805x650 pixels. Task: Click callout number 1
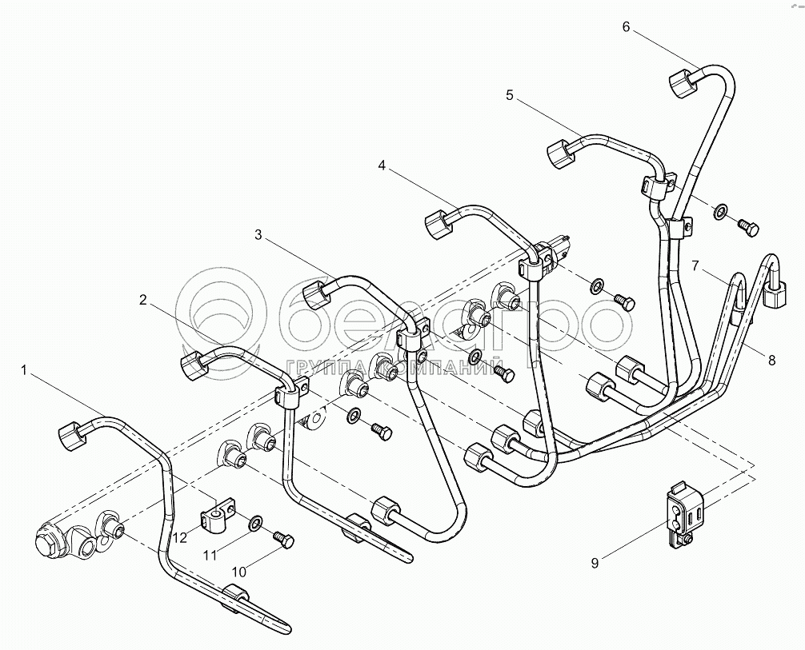pyautogui.click(x=24, y=370)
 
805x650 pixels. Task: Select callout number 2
pyautogui.click(x=143, y=300)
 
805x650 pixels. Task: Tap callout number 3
pyautogui.click(x=258, y=235)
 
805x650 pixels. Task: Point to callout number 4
pyautogui.click(x=382, y=165)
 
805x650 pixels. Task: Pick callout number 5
pyautogui.click(x=509, y=95)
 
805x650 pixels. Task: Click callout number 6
pyautogui.click(x=626, y=26)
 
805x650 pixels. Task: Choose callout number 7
pyautogui.click(x=695, y=265)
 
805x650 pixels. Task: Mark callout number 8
pyautogui.click(x=772, y=361)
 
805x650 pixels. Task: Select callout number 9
pyautogui.click(x=595, y=564)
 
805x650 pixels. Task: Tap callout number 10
pyautogui.click(x=240, y=572)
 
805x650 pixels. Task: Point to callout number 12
pyautogui.click(x=180, y=537)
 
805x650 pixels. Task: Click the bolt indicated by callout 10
pyautogui.click(x=282, y=539)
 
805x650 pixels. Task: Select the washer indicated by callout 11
pyautogui.click(x=254, y=524)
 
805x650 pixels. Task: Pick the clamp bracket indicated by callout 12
pyautogui.click(x=216, y=515)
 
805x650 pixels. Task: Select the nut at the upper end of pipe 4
pyautogui.click(x=440, y=224)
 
